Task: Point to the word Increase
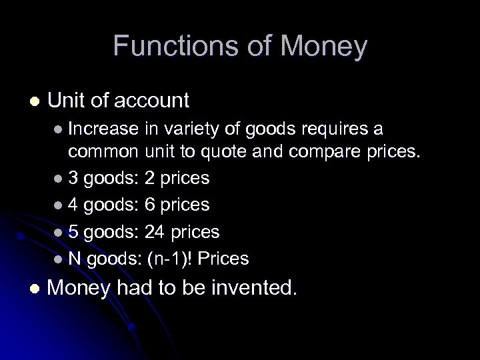click(104, 128)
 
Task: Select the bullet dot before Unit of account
click(34, 101)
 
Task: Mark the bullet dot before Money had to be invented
click(34, 289)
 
